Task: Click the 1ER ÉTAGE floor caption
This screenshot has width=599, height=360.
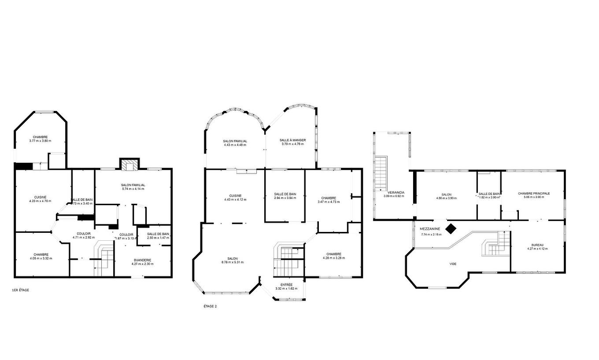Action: tap(20, 290)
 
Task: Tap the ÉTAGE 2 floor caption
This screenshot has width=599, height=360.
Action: tap(210, 306)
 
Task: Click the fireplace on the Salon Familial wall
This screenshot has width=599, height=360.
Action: tap(129, 165)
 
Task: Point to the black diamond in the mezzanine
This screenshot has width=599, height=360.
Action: tap(451, 228)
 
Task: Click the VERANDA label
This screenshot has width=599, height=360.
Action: tap(396, 192)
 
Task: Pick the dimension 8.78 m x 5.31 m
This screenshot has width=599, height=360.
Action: tap(233, 262)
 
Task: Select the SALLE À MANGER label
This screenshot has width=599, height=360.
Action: tap(292, 140)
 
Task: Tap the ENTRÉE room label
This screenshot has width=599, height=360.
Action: tap(286, 284)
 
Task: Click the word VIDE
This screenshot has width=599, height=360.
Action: tap(453, 264)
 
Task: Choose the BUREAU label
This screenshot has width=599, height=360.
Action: tap(537, 245)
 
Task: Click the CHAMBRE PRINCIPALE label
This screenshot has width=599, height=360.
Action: tap(534, 193)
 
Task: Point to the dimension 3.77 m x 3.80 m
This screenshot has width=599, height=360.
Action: tap(40, 141)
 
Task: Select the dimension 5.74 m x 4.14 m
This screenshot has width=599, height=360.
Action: tap(133, 189)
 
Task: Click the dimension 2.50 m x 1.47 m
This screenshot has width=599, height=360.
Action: tap(158, 238)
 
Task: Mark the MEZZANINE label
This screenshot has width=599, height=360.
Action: tap(430, 229)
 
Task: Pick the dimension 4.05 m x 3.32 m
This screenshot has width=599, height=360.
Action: tap(41, 258)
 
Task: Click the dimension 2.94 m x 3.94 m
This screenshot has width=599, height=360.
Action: tap(285, 198)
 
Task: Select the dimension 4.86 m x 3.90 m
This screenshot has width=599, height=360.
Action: tap(446, 198)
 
